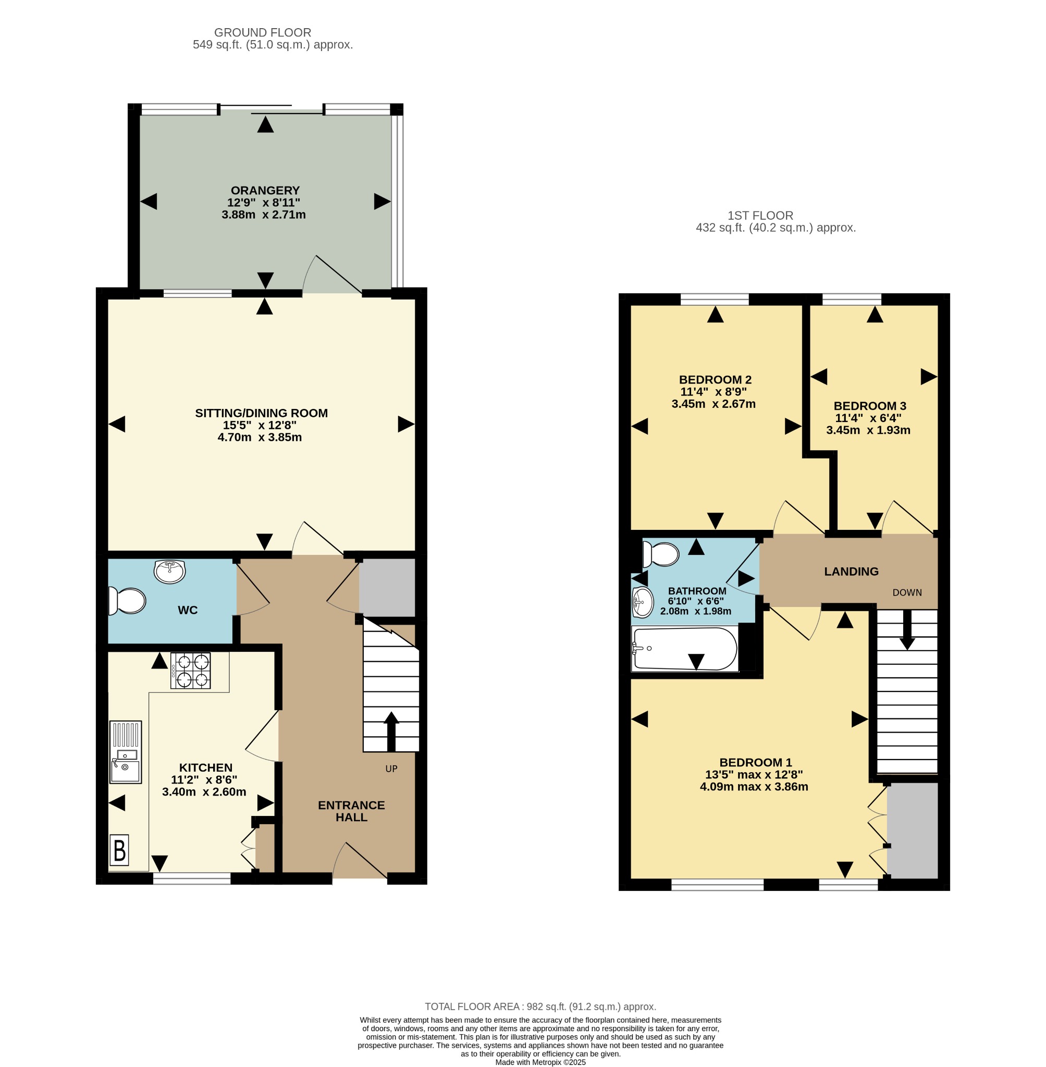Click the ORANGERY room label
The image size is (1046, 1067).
[265, 191]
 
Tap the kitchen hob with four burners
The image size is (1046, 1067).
[190, 671]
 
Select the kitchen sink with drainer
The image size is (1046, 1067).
[126, 752]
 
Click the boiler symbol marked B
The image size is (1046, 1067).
[120, 850]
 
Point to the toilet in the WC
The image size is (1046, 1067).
[127, 601]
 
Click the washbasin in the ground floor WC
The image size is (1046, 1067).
[170, 571]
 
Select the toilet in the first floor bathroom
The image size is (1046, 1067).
[661, 555]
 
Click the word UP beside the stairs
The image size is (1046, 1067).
[391, 769]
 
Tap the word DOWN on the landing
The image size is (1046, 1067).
[907, 592]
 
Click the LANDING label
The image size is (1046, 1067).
[851, 572]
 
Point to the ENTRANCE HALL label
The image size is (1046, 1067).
[352, 811]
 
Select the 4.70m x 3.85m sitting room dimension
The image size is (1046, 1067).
[260, 437]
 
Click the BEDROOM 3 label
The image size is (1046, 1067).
[870, 406]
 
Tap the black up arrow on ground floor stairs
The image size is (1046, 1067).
[391, 731]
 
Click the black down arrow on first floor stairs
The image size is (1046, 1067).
[907, 630]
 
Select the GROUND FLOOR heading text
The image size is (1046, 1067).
[263, 32]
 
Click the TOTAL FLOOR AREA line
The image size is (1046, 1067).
[540, 1007]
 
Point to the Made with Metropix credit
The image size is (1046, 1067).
[540, 1062]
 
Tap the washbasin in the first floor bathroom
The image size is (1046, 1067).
[643, 602]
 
